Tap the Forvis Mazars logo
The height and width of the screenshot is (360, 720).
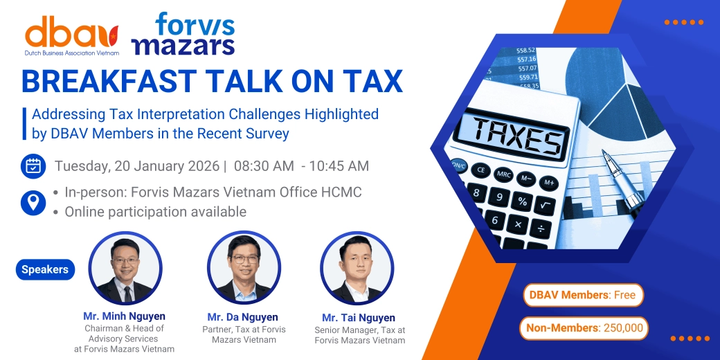point(183,33)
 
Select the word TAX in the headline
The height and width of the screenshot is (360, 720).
point(370,81)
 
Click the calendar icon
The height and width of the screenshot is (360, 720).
point(33,166)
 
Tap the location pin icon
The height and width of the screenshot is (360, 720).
point(33,202)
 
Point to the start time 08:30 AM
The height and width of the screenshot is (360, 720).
point(263,166)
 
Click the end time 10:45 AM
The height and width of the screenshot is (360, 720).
point(339,166)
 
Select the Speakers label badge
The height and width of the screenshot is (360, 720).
point(45,269)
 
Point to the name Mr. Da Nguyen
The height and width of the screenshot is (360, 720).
point(243,317)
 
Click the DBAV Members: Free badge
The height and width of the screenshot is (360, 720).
point(583,295)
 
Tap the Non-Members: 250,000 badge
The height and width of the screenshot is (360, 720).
point(584,328)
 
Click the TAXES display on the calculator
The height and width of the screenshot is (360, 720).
point(516,135)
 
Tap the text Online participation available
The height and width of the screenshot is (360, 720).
point(155,212)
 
